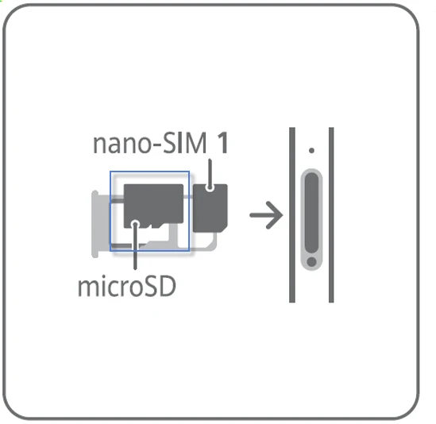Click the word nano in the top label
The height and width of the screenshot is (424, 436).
pos(122,144)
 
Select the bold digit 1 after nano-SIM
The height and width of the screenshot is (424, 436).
pos(222,143)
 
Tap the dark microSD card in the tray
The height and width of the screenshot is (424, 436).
pos(153,206)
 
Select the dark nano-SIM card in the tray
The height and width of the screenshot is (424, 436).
pos(210,208)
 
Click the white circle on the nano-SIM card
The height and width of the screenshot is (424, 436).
pos(210,188)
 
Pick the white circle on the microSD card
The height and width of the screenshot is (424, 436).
pos(135,223)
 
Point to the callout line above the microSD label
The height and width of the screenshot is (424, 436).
pos(135,246)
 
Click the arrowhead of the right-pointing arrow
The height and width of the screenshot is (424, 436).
pos(276,215)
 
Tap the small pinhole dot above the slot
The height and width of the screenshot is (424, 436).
pos(311,150)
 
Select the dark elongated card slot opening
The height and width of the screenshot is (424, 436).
pos(311,213)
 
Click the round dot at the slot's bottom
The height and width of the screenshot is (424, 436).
pos(311,262)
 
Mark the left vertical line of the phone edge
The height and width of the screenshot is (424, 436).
pos(292,214)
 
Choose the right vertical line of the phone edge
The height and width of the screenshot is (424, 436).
pos(331,214)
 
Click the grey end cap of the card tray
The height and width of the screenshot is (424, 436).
pos(95,224)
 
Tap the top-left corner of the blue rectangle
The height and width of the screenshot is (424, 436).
pos(110,172)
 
